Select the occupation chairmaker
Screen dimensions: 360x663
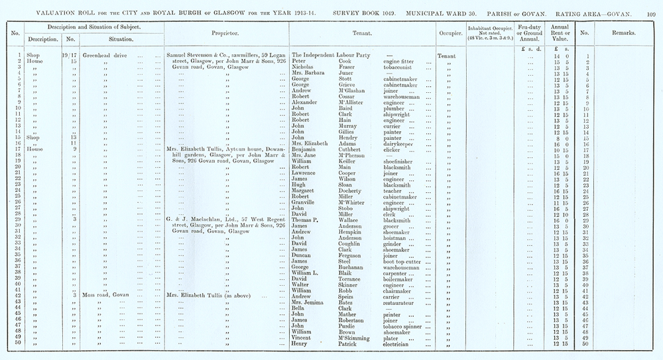coord(401,290)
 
